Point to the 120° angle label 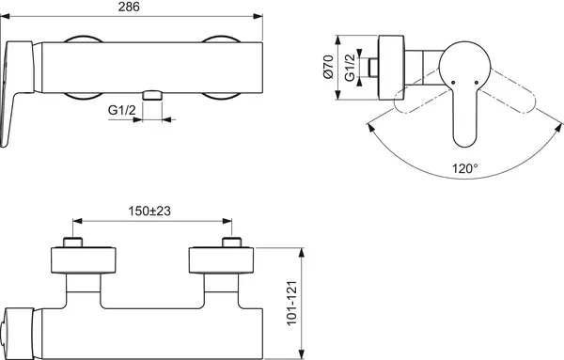462,169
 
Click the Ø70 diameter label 329,69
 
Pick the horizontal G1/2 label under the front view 122,111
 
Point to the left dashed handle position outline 414,102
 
